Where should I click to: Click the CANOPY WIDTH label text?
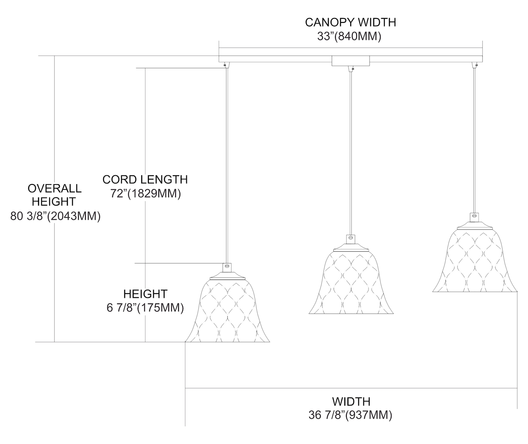coord(350,22)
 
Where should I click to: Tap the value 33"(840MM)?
coord(349,36)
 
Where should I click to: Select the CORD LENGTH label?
coord(145,179)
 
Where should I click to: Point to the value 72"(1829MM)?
coord(146,193)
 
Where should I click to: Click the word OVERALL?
coord(55,188)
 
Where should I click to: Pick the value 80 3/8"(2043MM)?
coord(56,216)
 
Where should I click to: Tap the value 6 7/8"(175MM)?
coord(145,308)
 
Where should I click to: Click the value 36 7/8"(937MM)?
coord(351,415)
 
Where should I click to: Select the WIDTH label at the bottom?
coord(351,401)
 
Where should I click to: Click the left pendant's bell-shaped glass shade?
coord(227,312)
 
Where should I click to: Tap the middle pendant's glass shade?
coord(351,283)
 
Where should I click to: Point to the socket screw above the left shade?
coord(227,267)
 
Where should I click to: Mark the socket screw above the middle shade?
coord(351,238)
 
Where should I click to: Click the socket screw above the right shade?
coord(474,216)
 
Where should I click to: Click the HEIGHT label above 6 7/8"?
coord(145,294)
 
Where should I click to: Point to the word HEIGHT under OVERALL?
coord(54,202)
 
